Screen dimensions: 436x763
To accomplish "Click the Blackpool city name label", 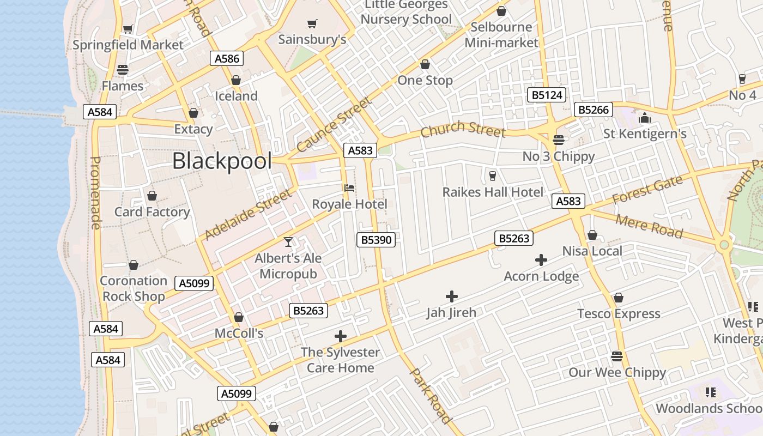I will coord(222,161).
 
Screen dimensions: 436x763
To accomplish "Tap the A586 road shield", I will coord(227,59).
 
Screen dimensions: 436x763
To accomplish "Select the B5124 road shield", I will coord(547,95).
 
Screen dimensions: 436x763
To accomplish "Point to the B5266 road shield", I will coord(594,110).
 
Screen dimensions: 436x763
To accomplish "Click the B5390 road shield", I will coord(376,240).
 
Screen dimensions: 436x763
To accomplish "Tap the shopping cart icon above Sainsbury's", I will coord(312,23).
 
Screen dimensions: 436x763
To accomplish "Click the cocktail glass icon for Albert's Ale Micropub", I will coord(288,241).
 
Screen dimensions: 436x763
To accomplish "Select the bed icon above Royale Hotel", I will coord(349,188).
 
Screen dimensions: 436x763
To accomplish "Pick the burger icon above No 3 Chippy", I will coord(558,140).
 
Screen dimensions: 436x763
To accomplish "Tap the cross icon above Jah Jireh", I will coord(451,296).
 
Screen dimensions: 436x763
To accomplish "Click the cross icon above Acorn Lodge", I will coord(541,260).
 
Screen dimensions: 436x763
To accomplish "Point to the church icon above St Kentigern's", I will coord(645,118).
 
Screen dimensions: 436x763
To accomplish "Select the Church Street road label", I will coord(463,129).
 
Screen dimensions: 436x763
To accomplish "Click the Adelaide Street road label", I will coord(249,215).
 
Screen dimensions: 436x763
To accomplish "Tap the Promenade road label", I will coord(95,193).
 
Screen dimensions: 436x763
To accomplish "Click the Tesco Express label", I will coord(619,314).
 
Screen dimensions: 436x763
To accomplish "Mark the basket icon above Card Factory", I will coord(152,196).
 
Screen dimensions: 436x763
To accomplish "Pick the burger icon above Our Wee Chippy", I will coord(617,356).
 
